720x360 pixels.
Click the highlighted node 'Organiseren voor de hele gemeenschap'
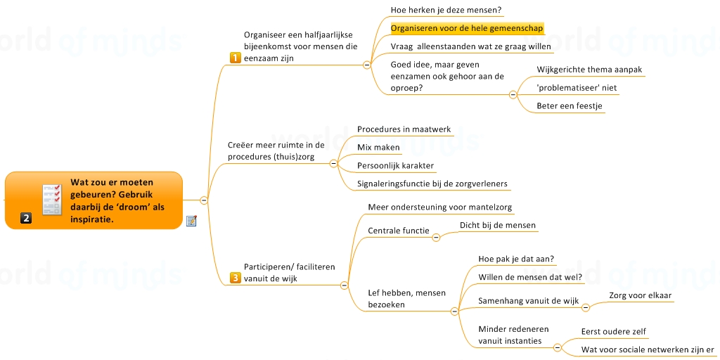click(x=467, y=29)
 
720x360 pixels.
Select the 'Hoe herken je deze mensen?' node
click(x=446, y=11)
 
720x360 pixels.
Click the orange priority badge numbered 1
click(x=236, y=58)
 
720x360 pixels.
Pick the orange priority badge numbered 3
click(x=236, y=278)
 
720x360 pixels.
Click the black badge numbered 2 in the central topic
click(x=26, y=218)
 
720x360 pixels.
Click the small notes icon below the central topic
click(x=191, y=221)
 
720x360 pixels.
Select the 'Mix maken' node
click(x=378, y=148)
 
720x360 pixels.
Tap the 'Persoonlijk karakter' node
click(x=395, y=166)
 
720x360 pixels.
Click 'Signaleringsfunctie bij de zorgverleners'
click(x=432, y=184)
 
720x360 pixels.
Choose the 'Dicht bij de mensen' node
click(x=497, y=226)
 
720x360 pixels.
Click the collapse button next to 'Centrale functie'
click(x=436, y=237)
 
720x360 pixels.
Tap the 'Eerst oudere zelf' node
click(x=614, y=332)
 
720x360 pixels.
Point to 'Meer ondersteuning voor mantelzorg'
click(x=439, y=207)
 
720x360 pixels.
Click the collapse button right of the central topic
click(x=204, y=200)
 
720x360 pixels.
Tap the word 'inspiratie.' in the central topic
click(x=91, y=219)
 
